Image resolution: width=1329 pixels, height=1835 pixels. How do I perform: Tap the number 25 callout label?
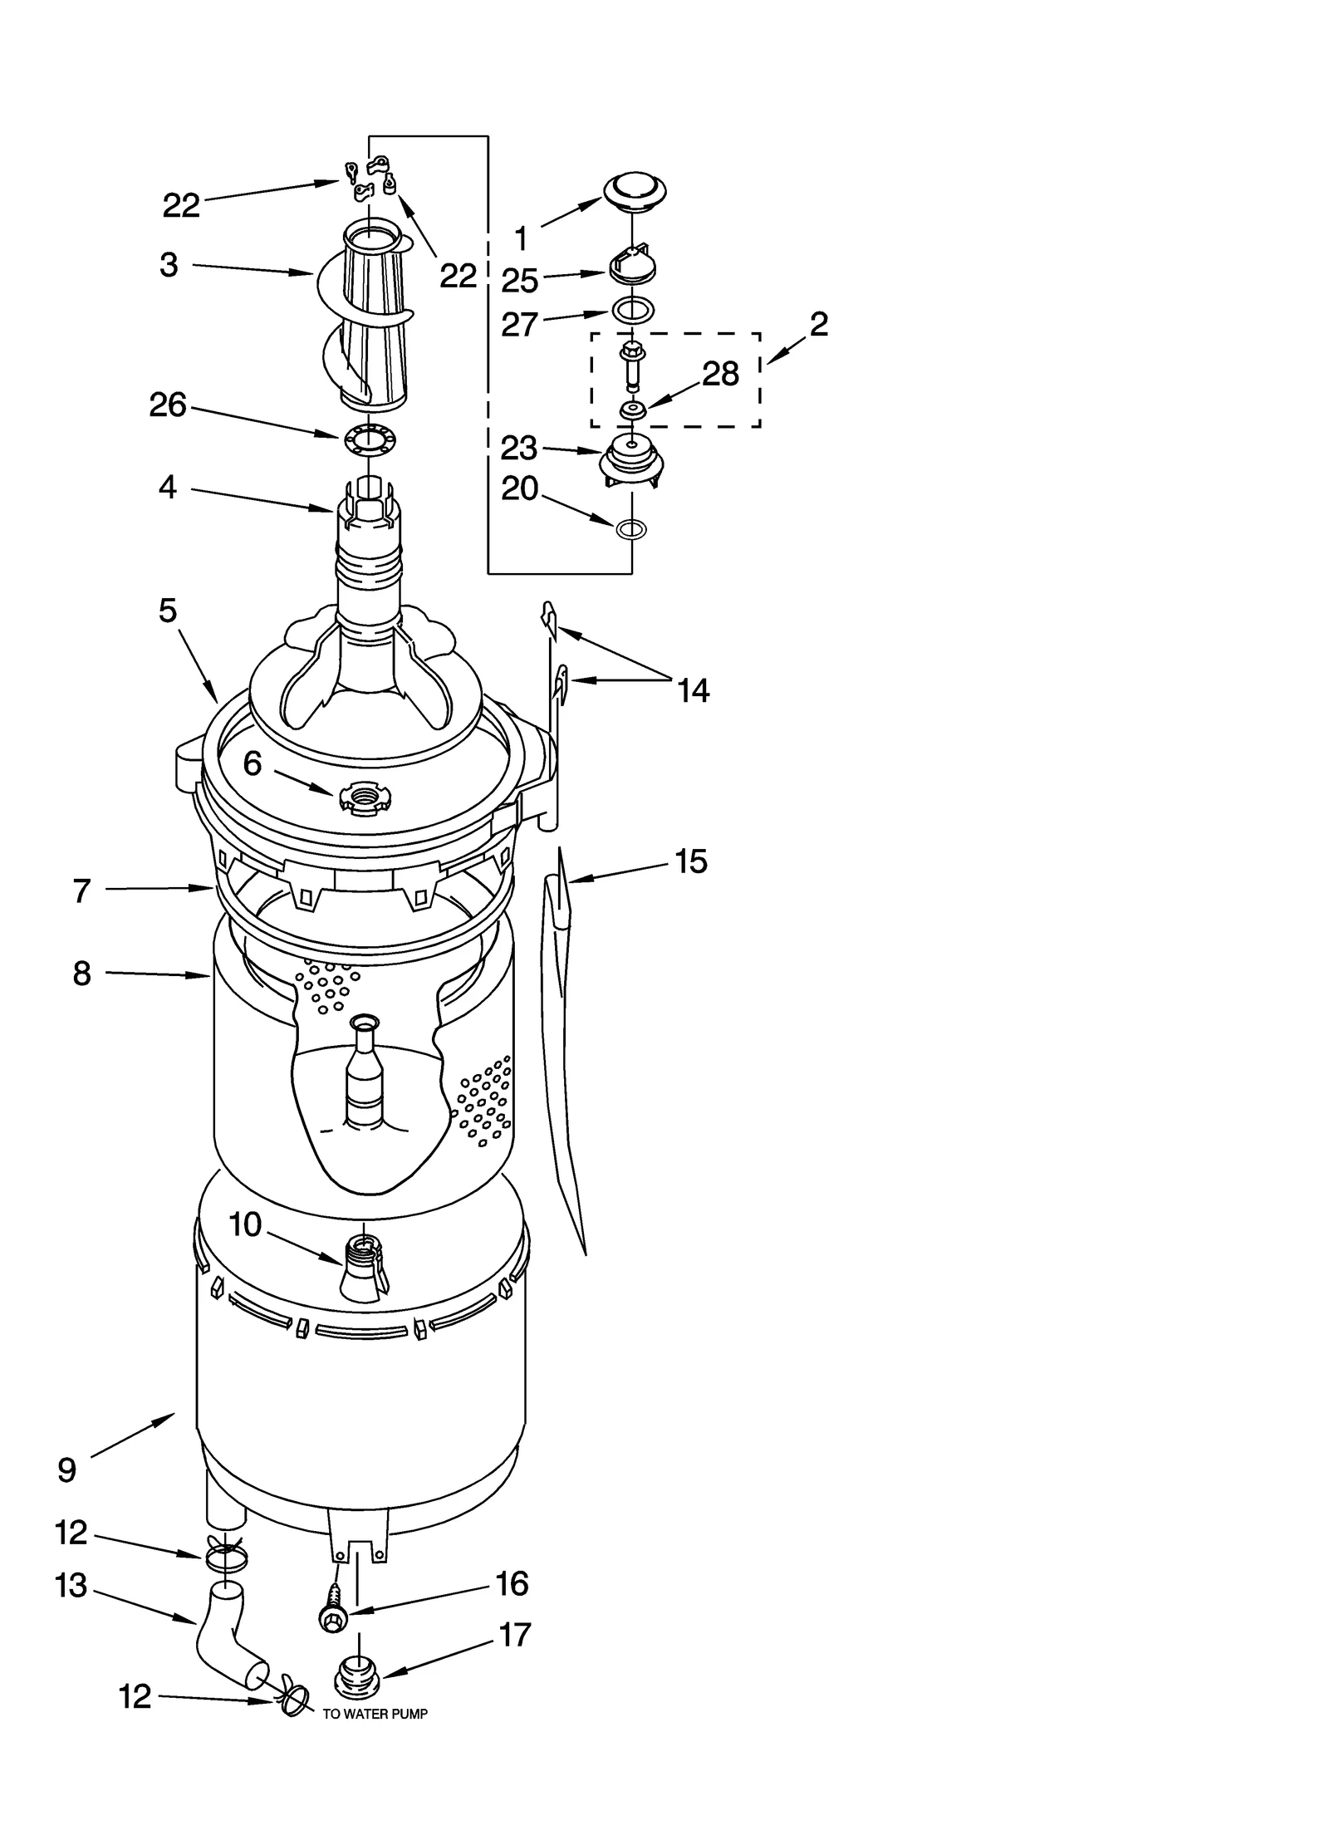[x=520, y=281]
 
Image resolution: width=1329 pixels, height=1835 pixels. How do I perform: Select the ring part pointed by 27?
[x=632, y=311]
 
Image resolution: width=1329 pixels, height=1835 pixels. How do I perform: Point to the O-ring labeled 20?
[x=632, y=527]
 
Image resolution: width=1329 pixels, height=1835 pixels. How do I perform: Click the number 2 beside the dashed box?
[x=818, y=324]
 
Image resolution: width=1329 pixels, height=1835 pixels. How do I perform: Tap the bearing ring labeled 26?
[x=368, y=438]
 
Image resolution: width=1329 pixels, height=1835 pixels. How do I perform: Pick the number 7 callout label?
[x=81, y=891]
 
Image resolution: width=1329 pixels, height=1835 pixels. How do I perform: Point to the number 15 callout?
[x=690, y=861]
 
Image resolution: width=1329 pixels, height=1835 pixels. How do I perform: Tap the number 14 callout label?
[x=694, y=690]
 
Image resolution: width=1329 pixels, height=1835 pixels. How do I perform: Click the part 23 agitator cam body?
[x=631, y=459]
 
